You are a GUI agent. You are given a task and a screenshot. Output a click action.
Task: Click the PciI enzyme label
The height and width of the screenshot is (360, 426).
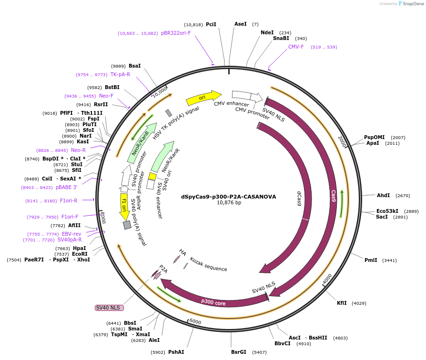pos(211,24)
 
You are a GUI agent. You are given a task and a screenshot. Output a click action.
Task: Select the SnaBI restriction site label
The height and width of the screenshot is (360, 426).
pos(281,39)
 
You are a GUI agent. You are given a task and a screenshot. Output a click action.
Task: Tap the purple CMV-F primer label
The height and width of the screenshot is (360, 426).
pos(296,47)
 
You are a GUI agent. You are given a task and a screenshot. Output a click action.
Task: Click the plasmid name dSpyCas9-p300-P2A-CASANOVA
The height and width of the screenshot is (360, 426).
pos(228,196)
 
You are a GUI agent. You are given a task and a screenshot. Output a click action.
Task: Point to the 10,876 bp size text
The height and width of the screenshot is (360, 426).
pos(229,203)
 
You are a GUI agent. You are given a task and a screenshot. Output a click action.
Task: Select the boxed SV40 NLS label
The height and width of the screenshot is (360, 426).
pos(109,308)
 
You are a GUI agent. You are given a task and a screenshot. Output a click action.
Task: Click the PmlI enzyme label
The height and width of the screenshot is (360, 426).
pos(371,260)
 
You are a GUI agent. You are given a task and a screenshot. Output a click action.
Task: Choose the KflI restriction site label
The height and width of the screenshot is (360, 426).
pos(342,303)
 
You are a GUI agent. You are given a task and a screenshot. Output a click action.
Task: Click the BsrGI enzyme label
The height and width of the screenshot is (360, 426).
pos(239,352)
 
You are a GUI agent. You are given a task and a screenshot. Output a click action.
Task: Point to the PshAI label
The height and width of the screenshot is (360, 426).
pos(176,352)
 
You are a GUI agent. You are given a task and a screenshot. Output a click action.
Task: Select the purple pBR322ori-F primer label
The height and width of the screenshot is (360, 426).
pos(176,33)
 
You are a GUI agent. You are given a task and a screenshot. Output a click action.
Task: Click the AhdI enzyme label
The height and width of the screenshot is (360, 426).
pos(383,195)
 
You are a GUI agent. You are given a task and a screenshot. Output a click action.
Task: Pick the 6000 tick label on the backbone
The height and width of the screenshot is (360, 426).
pos(195,321)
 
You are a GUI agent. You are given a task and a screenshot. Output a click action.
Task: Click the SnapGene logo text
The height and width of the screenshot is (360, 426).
pos(412,4)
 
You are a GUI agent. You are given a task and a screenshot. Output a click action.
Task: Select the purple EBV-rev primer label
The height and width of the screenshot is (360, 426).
pos(71,234)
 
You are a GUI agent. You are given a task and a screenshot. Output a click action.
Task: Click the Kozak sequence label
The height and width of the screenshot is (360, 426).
pos(208,264)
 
